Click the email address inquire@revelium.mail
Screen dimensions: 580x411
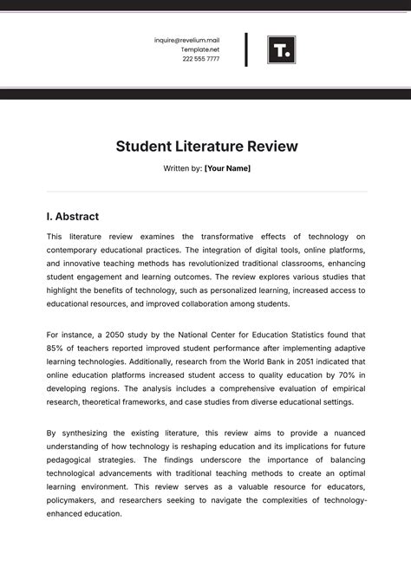[x=186, y=40]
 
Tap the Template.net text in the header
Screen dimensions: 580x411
[x=199, y=49]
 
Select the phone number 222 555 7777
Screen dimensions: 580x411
[x=201, y=59]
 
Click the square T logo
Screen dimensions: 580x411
[x=281, y=49]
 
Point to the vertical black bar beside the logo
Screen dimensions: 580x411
[x=246, y=49]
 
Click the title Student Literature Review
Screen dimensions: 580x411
[x=206, y=147]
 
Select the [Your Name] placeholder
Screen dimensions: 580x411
[x=227, y=168]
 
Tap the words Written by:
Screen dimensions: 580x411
[x=182, y=168]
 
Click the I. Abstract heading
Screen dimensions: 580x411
[x=72, y=217]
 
